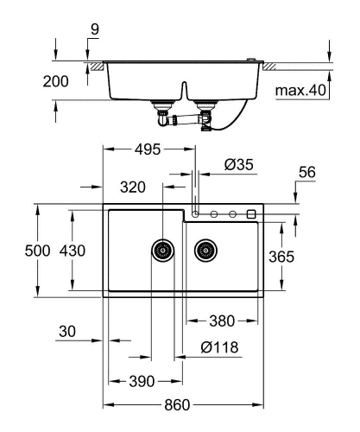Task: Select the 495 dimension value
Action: click(x=148, y=150)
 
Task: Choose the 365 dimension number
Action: click(x=281, y=257)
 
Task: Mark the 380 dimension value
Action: click(x=222, y=321)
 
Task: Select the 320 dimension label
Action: click(x=133, y=185)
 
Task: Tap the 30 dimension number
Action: click(x=69, y=332)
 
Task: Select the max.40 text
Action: click(x=300, y=90)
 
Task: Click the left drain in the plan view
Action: click(x=161, y=251)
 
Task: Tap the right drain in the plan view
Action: click(x=205, y=251)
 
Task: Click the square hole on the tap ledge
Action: click(x=251, y=213)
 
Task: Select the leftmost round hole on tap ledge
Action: click(x=197, y=213)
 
